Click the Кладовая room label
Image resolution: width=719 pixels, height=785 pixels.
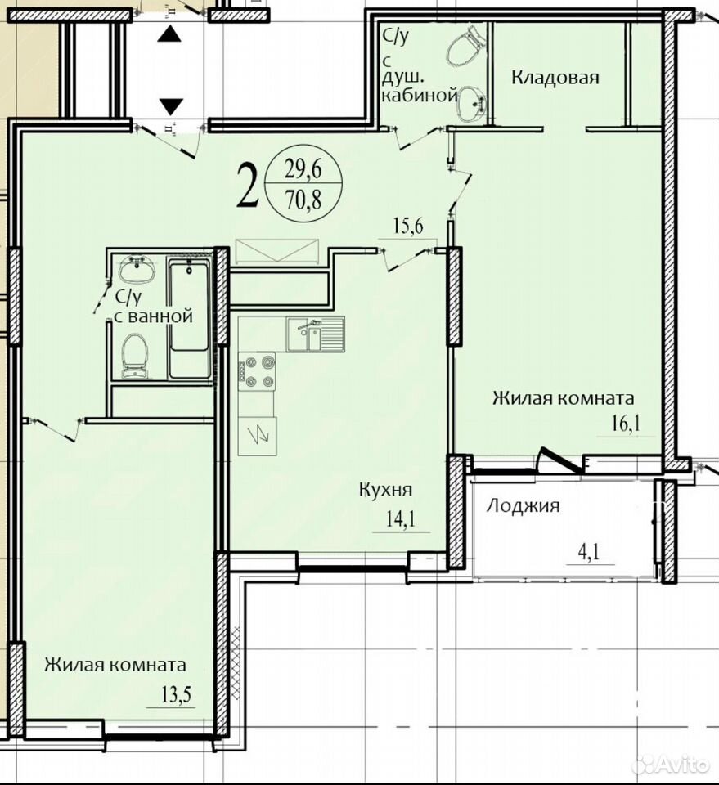[555, 78]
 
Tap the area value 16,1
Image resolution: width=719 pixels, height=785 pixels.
[626, 424]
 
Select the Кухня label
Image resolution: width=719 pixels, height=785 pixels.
[385, 489]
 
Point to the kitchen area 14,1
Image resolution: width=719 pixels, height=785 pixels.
[401, 519]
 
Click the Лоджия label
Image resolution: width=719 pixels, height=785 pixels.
[523, 505]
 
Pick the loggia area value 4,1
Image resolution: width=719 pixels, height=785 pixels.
[590, 553]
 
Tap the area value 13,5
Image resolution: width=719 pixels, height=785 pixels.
[177, 695]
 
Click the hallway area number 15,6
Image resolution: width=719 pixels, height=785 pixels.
[407, 227]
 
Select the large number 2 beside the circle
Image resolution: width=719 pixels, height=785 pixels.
[249, 186]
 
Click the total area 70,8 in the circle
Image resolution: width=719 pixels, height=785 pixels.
[303, 200]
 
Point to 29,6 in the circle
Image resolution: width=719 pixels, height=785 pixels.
[303, 170]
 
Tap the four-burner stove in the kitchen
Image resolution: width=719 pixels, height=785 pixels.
[257, 372]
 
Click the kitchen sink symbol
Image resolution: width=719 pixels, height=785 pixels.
[316, 334]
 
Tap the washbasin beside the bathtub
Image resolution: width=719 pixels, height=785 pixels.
[137, 269]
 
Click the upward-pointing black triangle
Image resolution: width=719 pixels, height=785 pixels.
[169, 34]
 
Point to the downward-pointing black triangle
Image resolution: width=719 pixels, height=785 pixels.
[171, 106]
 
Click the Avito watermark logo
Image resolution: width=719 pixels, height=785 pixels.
[672, 764]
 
